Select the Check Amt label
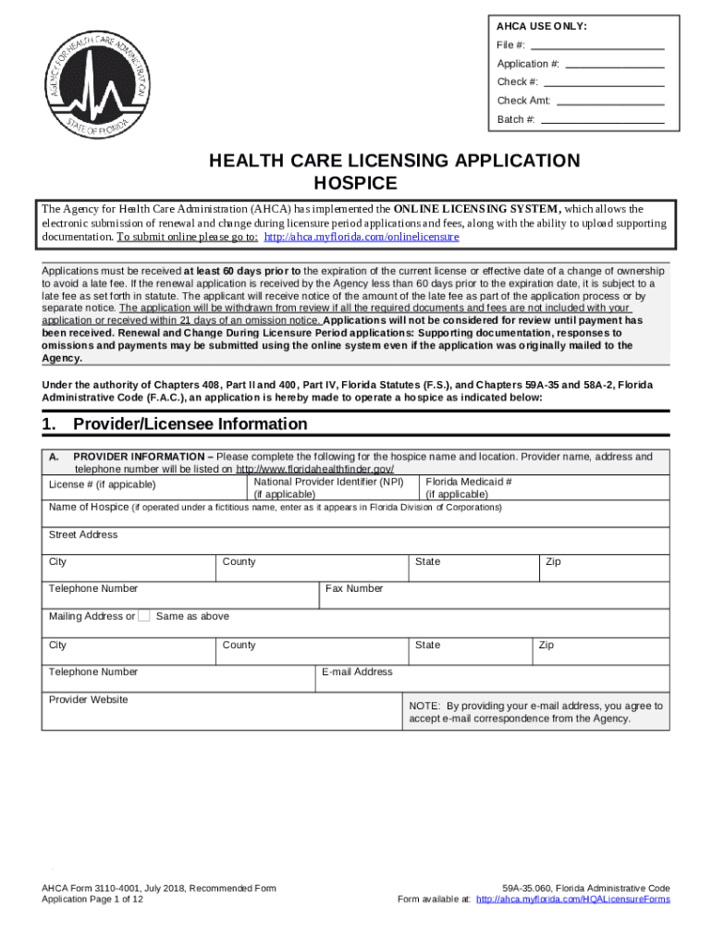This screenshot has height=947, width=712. (x=524, y=101)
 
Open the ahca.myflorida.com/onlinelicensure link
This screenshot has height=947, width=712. (x=362, y=237)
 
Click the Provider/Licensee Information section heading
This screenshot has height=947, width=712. (x=190, y=424)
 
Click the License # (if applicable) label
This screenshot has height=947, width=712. (x=102, y=485)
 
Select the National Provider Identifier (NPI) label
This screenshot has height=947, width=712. (x=328, y=482)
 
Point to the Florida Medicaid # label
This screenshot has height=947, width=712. (x=469, y=482)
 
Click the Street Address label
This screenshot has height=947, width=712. (x=83, y=535)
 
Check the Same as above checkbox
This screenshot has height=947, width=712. (x=143, y=616)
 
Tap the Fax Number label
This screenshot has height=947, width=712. (x=352, y=588)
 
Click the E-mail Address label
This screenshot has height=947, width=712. (x=357, y=671)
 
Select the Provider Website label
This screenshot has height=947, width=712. (x=88, y=699)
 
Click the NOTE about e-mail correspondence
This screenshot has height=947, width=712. (x=535, y=711)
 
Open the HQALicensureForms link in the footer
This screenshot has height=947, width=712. (x=572, y=899)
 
